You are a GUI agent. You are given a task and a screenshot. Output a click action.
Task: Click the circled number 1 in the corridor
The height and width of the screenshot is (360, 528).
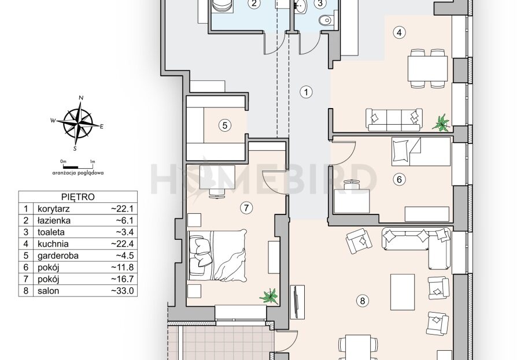(x=306, y=92)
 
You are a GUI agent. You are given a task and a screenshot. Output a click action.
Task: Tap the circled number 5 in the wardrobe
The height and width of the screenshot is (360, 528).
(x=225, y=125)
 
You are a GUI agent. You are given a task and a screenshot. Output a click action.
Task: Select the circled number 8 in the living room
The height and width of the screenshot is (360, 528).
(x=363, y=300)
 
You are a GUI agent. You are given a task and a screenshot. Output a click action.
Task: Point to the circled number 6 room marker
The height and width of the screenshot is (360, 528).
(x=400, y=179)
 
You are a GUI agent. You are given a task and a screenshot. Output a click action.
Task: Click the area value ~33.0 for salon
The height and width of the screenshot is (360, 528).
(x=123, y=291)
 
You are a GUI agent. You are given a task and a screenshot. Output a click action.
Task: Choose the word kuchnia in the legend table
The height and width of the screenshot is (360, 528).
(x=53, y=244)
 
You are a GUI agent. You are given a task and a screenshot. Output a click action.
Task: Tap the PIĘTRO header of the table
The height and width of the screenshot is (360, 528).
(x=78, y=197)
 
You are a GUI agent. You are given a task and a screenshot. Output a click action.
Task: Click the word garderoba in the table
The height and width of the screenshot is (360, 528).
(x=58, y=256)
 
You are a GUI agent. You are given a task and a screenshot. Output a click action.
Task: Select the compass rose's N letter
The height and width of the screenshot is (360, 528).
(x=81, y=98)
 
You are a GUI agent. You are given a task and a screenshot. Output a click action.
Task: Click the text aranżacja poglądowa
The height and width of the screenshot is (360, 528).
(x=78, y=173)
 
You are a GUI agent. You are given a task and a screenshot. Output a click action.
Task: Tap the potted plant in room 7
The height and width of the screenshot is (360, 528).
(x=269, y=296)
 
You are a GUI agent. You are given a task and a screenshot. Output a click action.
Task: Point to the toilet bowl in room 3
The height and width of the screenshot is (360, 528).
(x=326, y=21)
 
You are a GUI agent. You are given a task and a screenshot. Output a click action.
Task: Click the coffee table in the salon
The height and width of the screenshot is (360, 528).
(x=403, y=292)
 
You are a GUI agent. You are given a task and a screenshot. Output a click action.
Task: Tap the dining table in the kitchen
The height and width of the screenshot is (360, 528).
(x=427, y=69)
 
